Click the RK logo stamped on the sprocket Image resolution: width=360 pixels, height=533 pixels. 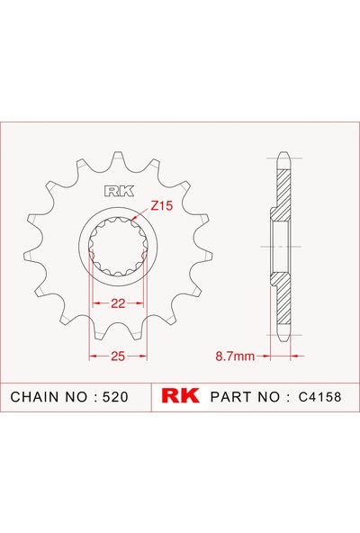coord(117,190)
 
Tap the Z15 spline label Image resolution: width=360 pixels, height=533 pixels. coord(161,206)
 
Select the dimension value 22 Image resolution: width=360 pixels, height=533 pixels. coord(117,303)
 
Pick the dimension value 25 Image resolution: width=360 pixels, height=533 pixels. coord(117,357)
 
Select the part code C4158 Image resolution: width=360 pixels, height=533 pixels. coord(315,396)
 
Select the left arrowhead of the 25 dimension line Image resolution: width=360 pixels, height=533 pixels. coord(92,357)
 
